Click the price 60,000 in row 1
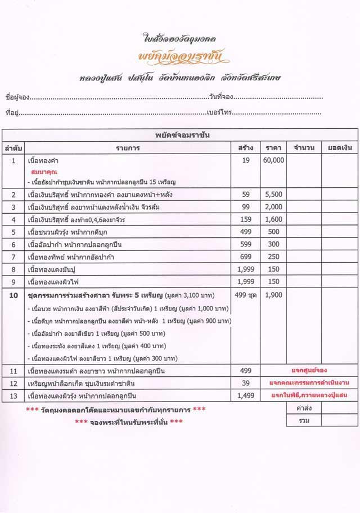point(273,160)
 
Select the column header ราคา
point(273,148)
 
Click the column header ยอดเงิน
point(340,148)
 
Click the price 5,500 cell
point(273,194)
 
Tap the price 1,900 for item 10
point(273,295)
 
